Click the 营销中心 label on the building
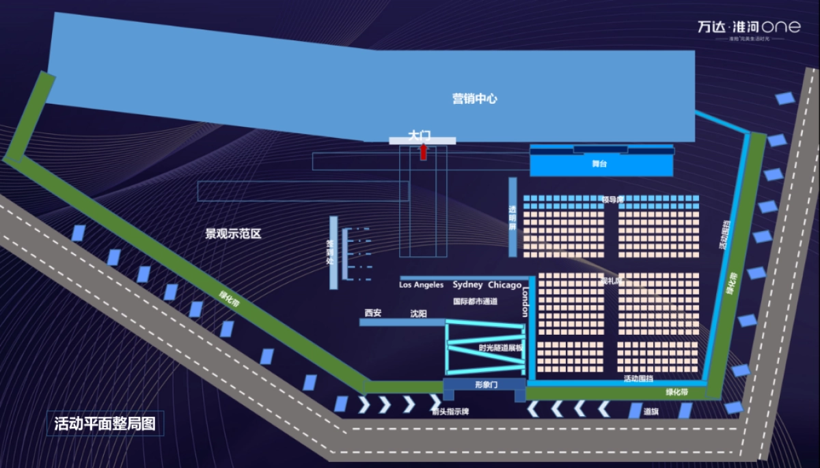[474, 98]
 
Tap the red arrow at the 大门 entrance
[423, 152]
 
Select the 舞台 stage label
[599, 165]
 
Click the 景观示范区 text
[234, 234]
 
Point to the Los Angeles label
[421, 285]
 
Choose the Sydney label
[467, 285]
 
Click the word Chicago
[504, 285]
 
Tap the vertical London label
[525, 301]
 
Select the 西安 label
[373, 313]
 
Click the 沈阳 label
[418, 314]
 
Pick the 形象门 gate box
[485, 385]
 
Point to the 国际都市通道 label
[475, 301]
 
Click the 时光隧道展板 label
[500, 348]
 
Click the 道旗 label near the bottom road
[651, 411]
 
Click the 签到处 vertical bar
[333, 252]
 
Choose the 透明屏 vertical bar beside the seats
[512, 217]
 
